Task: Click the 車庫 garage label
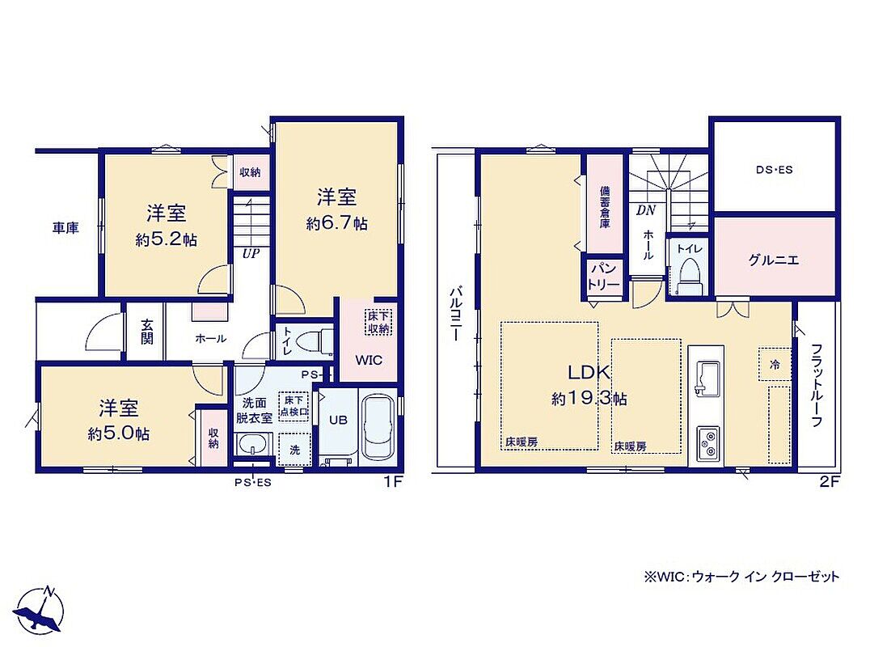(x=65, y=227)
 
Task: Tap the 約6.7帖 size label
(x=337, y=224)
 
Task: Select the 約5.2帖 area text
(x=166, y=239)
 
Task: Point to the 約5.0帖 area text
(x=118, y=433)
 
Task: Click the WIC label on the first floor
(x=369, y=360)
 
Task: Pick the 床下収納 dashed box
(x=379, y=323)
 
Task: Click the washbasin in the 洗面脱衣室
(x=254, y=444)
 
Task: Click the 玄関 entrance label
(x=146, y=332)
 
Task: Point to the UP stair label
(x=251, y=254)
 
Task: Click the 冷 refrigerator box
(x=775, y=365)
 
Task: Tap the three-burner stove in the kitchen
(x=707, y=443)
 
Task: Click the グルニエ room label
(x=774, y=260)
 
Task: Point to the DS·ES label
(x=774, y=170)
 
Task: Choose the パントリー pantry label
(x=604, y=277)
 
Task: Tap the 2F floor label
(x=830, y=482)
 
